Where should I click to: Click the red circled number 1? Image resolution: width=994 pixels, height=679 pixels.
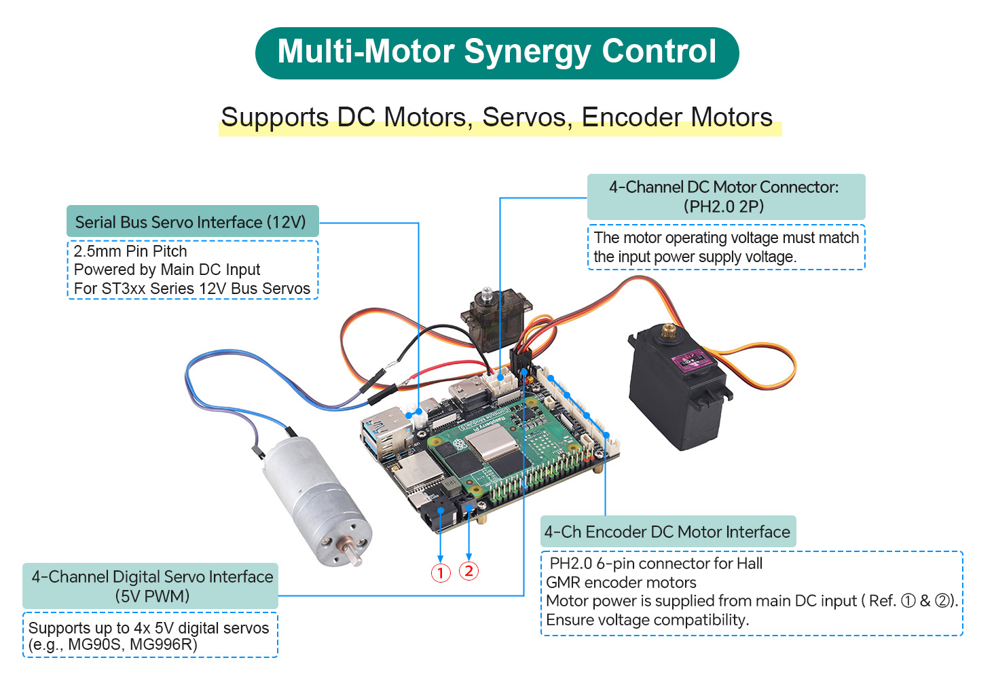[x=441, y=573]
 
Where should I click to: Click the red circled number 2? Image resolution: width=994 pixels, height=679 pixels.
[x=468, y=571]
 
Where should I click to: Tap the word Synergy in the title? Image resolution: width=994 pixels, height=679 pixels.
[x=528, y=52]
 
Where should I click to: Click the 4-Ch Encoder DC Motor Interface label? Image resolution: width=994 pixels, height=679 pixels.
[x=668, y=531]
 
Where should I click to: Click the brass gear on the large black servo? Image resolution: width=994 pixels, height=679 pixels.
[x=667, y=330]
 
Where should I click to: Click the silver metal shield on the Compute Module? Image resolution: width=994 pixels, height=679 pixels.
[x=492, y=442]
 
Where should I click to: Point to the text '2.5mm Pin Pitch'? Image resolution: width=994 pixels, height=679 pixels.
[x=130, y=251]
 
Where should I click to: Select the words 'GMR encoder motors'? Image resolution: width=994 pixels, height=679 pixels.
[x=621, y=583]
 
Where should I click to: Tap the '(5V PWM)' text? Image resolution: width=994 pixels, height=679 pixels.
[x=152, y=596]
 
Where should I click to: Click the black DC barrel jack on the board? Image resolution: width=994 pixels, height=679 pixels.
[x=437, y=515]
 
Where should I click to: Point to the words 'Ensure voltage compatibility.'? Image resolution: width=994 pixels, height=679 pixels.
[x=648, y=619]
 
